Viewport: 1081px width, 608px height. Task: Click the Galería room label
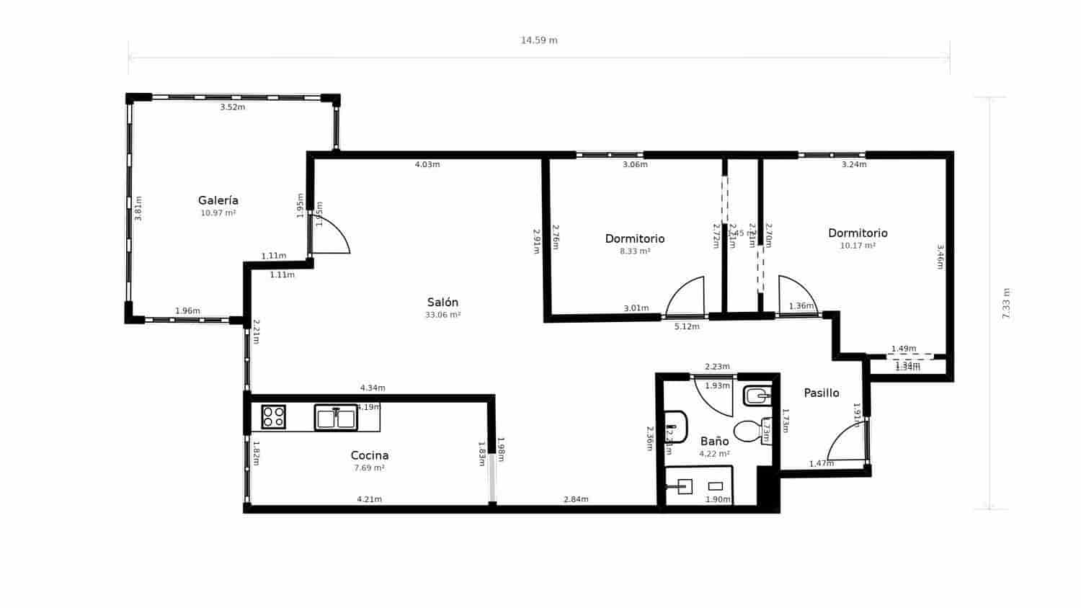pyautogui.click(x=218, y=200)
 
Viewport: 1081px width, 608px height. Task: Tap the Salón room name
pyautogui.click(x=442, y=303)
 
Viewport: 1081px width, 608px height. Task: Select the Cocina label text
pyautogui.click(x=369, y=455)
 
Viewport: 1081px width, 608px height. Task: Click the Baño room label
pyautogui.click(x=714, y=441)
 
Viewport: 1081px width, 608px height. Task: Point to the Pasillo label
pyautogui.click(x=822, y=393)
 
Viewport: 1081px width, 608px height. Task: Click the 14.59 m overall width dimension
pyautogui.click(x=539, y=40)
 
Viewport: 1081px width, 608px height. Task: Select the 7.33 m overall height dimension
pyautogui.click(x=1007, y=303)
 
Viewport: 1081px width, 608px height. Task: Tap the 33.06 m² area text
pyautogui.click(x=442, y=316)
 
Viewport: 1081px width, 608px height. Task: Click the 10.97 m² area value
pyautogui.click(x=218, y=213)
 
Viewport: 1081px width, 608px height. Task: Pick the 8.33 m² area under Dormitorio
pyautogui.click(x=635, y=251)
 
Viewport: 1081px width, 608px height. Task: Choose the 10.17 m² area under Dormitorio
pyautogui.click(x=858, y=246)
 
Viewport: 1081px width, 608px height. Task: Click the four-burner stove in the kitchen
pyautogui.click(x=273, y=417)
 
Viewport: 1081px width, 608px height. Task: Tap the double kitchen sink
pyautogui.click(x=336, y=418)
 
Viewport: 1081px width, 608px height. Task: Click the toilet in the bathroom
pyautogui.click(x=749, y=432)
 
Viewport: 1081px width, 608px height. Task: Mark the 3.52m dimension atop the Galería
pyautogui.click(x=232, y=107)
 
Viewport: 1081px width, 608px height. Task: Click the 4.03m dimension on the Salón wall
pyautogui.click(x=427, y=164)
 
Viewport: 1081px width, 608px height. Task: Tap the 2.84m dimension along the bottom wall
pyautogui.click(x=576, y=499)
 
